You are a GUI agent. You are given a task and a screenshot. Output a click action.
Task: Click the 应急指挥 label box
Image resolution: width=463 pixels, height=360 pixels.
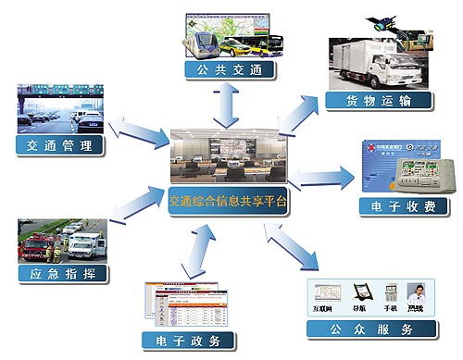60,274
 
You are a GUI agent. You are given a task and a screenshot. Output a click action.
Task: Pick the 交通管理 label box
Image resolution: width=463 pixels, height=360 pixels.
60,145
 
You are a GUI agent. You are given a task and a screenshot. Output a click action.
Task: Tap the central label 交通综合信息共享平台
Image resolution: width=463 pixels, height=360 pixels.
229,200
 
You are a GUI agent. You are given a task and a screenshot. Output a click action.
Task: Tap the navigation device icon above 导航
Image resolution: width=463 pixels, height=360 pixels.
355,292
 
